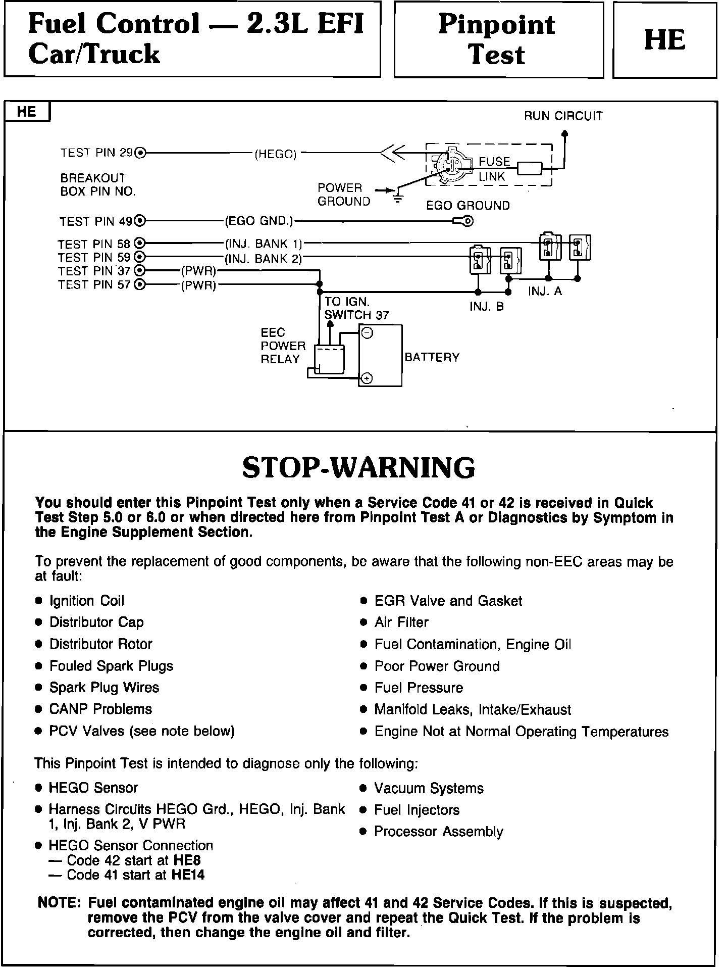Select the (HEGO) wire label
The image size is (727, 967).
(275, 155)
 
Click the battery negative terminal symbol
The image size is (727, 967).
(368, 333)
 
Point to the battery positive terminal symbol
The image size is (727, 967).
(368, 378)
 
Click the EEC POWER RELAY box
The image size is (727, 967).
(329, 360)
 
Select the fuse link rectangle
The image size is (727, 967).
(530, 168)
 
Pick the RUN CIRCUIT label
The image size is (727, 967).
(563, 116)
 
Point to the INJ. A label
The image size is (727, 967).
(545, 292)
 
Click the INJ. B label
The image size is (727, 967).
(487, 307)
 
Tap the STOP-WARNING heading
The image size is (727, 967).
(358, 467)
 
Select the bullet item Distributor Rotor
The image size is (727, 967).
(100, 644)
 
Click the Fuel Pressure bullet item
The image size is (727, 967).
(419, 688)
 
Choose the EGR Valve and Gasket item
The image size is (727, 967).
(448, 601)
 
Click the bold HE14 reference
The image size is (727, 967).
(188, 875)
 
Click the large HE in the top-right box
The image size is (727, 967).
(664, 40)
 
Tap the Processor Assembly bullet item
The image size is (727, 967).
(438, 832)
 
